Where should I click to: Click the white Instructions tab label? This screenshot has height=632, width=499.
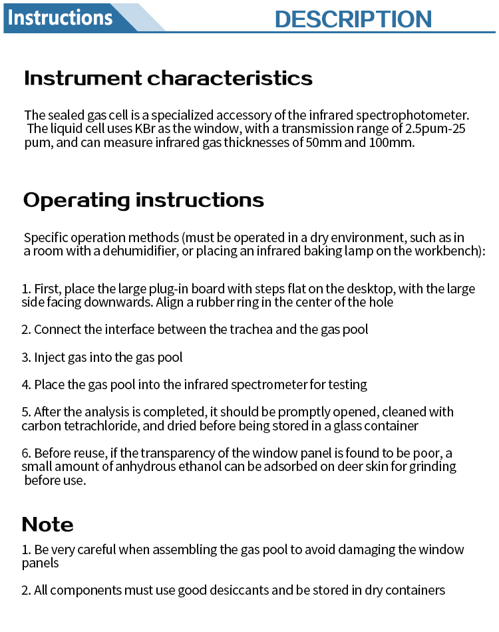61,17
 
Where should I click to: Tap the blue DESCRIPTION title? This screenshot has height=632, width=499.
353,19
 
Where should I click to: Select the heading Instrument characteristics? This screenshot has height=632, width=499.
168,79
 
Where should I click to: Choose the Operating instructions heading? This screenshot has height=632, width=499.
144,200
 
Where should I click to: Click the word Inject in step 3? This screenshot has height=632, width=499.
49,357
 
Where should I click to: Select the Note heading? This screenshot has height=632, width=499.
48,524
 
